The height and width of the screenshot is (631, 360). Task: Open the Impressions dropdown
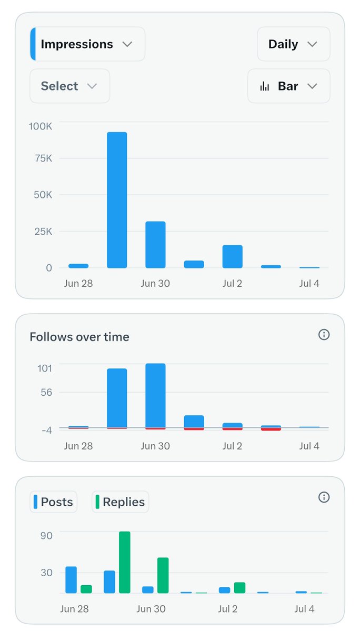[x=87, y=44]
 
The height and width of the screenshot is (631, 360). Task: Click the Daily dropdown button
[x=293, y=44]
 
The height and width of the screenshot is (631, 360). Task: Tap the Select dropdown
[x=69, y=86]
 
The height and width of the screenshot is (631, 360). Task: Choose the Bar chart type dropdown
[x=288, y=86]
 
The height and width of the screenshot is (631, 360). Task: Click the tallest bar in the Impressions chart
[x=117, y=200]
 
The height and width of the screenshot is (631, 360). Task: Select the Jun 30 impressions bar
[x=155, y=245]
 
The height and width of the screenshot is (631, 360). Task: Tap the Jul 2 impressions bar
[x=233, y=256]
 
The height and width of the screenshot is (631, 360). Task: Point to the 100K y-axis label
[x=40, y=126]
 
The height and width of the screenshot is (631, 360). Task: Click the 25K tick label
[x=43, y=232]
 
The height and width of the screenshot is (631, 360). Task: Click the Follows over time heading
[x=79, y=337]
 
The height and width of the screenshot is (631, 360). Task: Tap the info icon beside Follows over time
[x=324, y=334]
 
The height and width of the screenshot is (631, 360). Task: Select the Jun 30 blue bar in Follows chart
[x=155, y=396]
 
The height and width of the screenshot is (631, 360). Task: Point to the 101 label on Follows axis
[x=45, y=368]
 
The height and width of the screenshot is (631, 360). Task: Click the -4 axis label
[x=47, y=430]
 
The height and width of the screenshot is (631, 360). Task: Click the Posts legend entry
[x=54, y=502]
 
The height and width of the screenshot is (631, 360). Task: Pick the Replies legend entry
[x=121, y=502]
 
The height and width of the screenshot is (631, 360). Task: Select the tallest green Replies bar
[x=125, y=562]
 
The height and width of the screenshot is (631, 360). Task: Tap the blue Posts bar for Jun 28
[x=71, y=580]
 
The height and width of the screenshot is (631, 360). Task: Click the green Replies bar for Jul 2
[x=239, y=587]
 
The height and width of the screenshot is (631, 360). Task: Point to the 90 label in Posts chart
[x=46, y=536]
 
